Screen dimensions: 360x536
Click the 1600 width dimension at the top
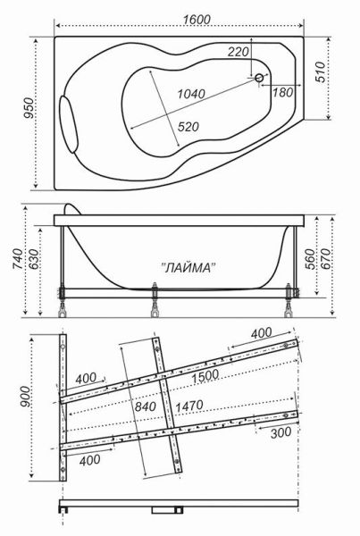tap(197, 20)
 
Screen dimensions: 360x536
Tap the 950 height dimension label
tap(29, 108)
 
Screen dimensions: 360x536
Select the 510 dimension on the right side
tap(320, 72)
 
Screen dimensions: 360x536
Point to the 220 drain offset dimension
tap(239, 52)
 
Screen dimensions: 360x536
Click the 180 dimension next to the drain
tap(283, 92)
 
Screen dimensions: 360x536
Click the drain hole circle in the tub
tap(259, 78)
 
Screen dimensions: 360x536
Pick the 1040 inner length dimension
tap(191, 93)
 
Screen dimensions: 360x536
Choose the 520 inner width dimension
tap(188, 127)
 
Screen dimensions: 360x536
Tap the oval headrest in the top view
tap(69, 124)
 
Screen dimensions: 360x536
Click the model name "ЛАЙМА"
tap(188, 268)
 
